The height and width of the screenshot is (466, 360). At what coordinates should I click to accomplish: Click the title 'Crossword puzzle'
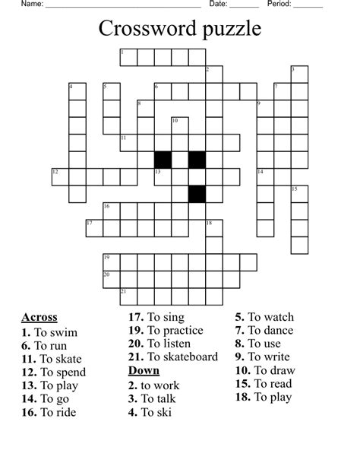(x=179, y=29)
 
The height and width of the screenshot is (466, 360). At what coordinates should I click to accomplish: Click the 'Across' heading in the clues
(x=39, y=318)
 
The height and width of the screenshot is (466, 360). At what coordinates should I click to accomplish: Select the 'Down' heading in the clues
(x=144, y=370)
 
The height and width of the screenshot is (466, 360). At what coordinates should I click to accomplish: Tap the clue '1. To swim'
(x=49, y=332)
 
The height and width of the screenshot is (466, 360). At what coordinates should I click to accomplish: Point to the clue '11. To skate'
(x=51, y=359)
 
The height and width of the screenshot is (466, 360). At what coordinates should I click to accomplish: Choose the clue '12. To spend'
(x=53, y=372)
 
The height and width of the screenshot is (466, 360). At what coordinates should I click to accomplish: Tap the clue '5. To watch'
(x=264, y=317)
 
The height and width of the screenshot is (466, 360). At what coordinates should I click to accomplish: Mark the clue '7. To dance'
(x=264, y=331)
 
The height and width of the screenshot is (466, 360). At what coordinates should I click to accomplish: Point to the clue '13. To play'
(x=50, y=385)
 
